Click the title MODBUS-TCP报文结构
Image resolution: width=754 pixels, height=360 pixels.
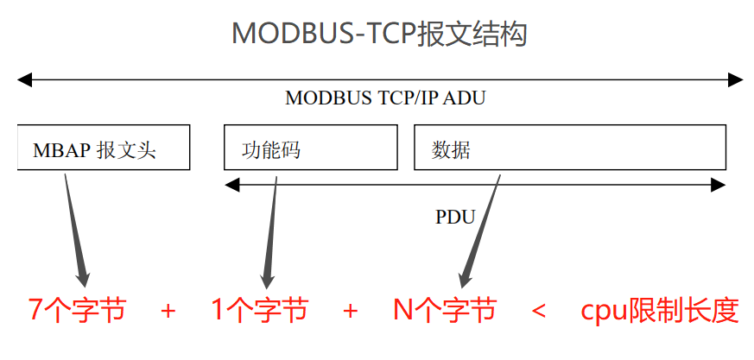click(x=379, y=34)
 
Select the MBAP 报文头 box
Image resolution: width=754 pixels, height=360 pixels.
click(x=104, y=148)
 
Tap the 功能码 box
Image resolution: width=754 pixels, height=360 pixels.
click(x=311, y=148)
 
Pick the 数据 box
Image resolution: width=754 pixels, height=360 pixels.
click(x=570, y=148)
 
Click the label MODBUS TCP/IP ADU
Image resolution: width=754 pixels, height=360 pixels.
click(x=385, y=98)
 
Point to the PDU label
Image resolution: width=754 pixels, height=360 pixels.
click(x=455, y=217)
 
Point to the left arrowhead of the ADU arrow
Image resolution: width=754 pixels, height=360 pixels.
click(x=24, y=80)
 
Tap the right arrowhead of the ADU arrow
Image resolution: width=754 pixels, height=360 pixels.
click(x=735, y=80)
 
